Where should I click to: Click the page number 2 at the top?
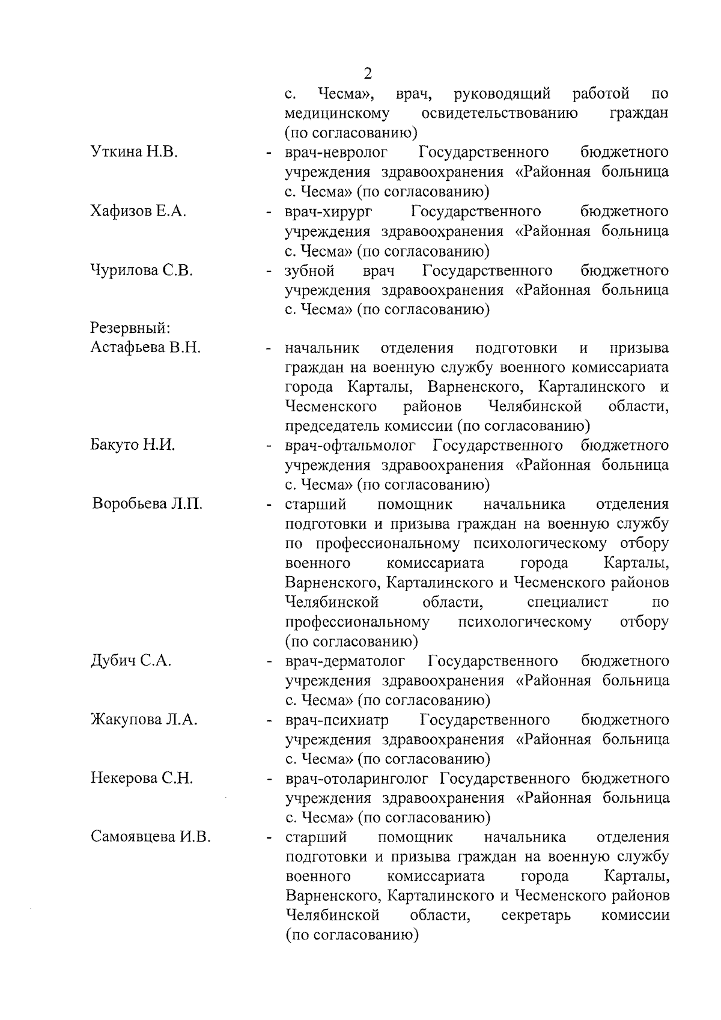click(368, 73)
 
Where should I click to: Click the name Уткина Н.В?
click(133, 152)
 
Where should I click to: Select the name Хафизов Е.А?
click(138, 211)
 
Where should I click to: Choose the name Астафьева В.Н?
click(145, 348)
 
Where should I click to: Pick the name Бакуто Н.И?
click(133, 445)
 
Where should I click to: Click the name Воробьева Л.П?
click(147, 504)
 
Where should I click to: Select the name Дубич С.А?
click(131, 661)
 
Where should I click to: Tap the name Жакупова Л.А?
click(144, 720)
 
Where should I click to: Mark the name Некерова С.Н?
click(142, 779)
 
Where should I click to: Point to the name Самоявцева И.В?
click(150, 837)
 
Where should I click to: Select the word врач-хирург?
click(328, 211)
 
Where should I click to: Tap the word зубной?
click(309, 270)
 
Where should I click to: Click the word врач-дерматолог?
click(345, 661)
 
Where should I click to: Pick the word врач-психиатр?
click(337, 720)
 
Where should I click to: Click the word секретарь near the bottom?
click(535, 916)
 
